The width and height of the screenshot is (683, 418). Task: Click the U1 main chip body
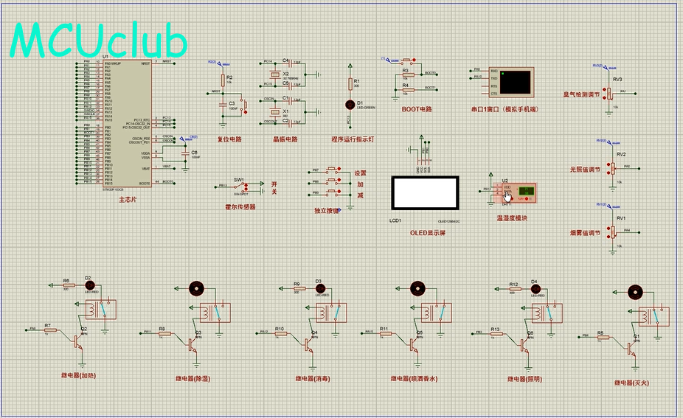click(x=128, y=125)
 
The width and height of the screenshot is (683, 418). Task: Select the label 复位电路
click(x=229, y=139)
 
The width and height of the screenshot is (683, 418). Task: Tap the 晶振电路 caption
click(x=285, y=139)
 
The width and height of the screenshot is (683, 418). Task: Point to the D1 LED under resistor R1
click(x=350, y=105)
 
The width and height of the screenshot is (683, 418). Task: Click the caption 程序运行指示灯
click(x=355, y=139)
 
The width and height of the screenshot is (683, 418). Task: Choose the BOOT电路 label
click(x=416, y=109)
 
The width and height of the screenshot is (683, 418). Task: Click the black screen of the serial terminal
click(x=516, y=81)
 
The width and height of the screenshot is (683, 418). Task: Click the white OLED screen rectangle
click(x=424, y=194)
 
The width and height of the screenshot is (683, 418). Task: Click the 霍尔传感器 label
click(x=240, y=207)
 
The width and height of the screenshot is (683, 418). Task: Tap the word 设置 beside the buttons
click(x=360, y=173)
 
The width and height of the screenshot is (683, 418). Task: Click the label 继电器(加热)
click(x=79, y=375)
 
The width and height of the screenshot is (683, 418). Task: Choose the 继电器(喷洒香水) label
click(x=415, y=378)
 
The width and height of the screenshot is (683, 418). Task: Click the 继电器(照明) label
click(x=524, y=378)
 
